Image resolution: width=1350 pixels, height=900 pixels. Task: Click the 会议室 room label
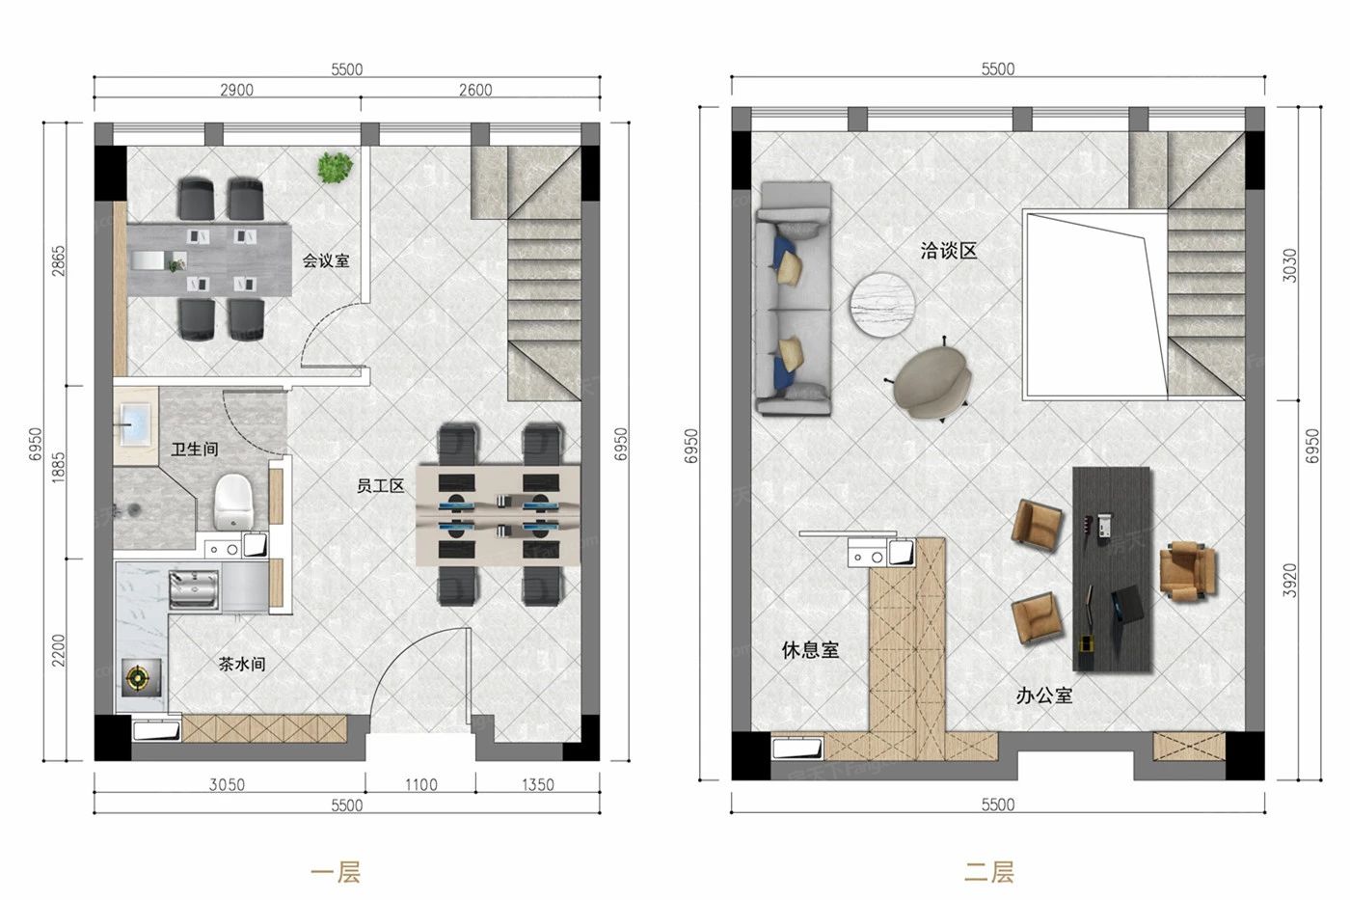[326, 260]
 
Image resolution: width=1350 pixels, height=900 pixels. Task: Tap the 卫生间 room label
[195, 450]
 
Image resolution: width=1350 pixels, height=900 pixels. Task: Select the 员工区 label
[380, 486]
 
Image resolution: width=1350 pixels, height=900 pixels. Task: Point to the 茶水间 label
[241, 665]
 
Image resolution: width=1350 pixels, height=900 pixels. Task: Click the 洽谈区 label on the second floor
[949, 252]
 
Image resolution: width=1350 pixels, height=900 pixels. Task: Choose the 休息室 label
[810, 650]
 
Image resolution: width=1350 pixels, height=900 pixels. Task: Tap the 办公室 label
[1043, 695]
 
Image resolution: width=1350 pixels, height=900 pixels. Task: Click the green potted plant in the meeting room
[335, 168]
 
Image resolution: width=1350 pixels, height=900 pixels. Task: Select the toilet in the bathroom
[232, 499]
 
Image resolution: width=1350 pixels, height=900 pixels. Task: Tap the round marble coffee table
[880, 305]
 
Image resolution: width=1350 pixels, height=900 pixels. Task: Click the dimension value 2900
[236, 90]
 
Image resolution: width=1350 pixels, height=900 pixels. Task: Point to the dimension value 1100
[420, 784]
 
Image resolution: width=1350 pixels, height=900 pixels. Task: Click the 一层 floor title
[336, 873]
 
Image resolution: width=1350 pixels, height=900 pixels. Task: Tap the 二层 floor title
[989, 873]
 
